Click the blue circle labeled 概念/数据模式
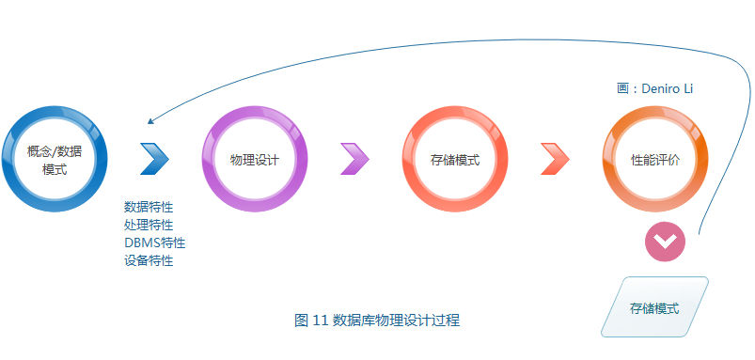[x=55, y=159]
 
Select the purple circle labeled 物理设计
[x=255, y=159]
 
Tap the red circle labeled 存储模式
[x=454, y=159]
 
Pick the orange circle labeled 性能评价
[x=654, y=159]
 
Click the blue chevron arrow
[x=154, y=159]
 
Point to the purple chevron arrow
[x=354, y=159]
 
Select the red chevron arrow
[x=555, y=159]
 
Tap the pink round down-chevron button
[x=665, y=243]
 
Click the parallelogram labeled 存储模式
[x=654, y=307]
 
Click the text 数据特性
[x=149, y=207]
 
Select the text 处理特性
[x=149, y=225]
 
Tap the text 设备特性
[x=149, y=260]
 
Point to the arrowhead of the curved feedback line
[x=151, y=120]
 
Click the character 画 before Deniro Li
[x=623, y=88]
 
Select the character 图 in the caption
[x=301, y=321]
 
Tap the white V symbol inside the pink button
[x=665, y=243]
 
